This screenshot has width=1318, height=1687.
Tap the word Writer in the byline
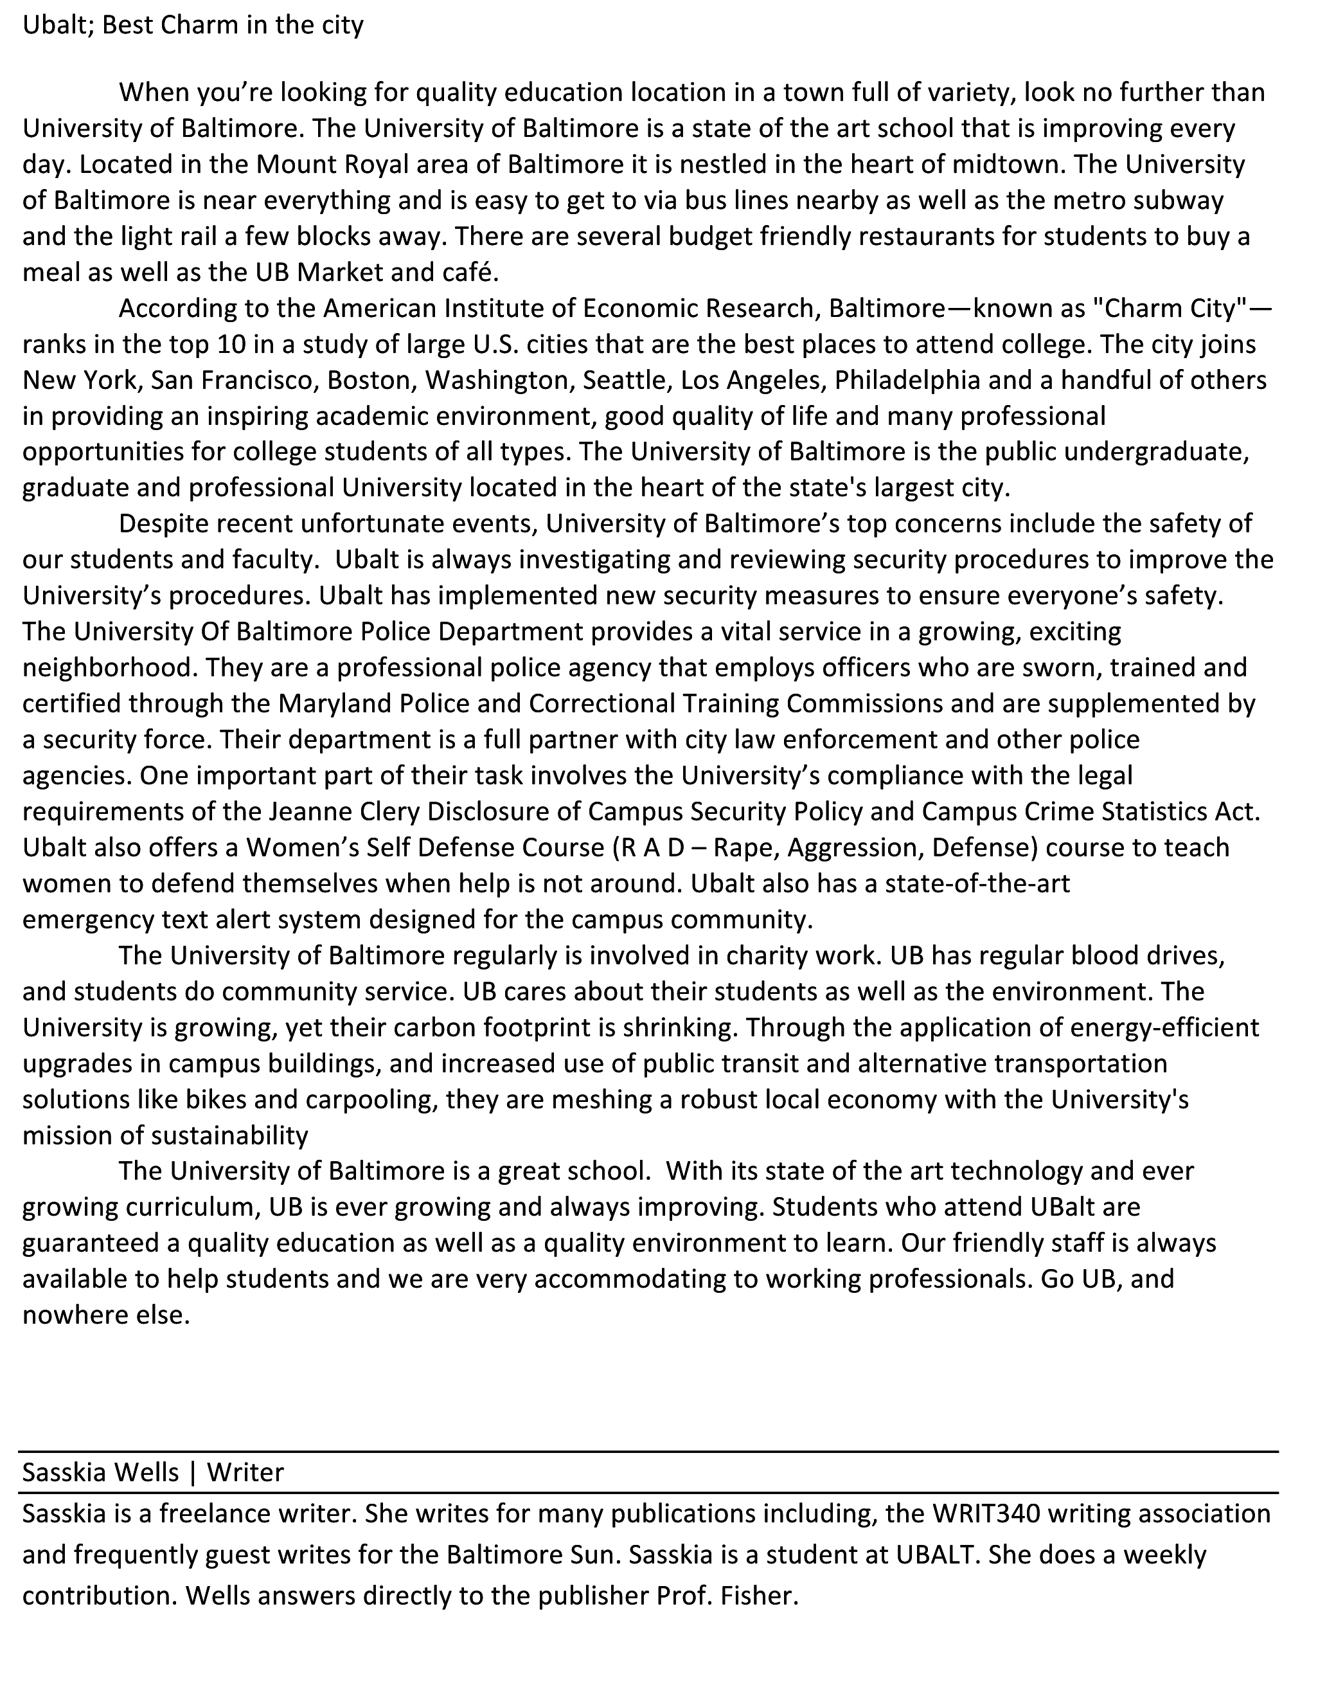(245, 1472)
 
